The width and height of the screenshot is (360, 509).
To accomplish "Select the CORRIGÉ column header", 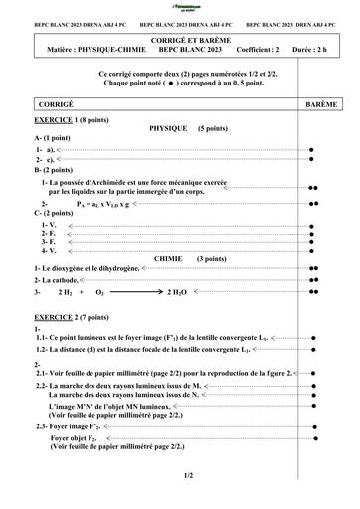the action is click(x=54, y=104).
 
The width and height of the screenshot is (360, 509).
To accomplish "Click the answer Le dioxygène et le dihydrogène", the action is click(x=90, y=269).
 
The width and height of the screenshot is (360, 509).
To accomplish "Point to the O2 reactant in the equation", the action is click(x=99, y=293).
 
